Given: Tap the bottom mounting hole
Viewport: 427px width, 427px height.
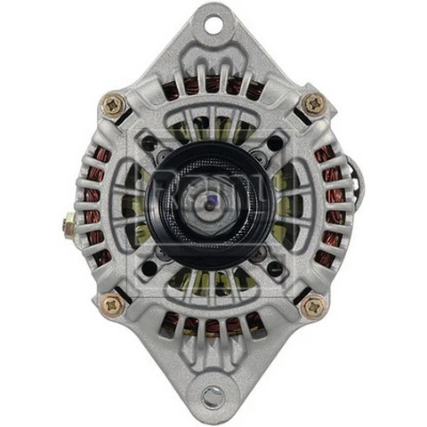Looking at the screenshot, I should [213, 395].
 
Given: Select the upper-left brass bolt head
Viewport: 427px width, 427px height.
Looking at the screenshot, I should [114, 105].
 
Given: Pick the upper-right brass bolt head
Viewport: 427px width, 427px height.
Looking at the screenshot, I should [314, 103].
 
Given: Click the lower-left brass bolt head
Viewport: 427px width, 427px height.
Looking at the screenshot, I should [113, 305].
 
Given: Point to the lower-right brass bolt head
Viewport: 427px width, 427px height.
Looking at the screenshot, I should [313, 306].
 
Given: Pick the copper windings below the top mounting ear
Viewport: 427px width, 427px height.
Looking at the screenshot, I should [213, 85].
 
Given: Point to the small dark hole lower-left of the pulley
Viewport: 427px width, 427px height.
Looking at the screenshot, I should [150, 267].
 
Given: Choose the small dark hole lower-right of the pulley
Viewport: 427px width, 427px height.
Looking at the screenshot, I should [276, 267].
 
